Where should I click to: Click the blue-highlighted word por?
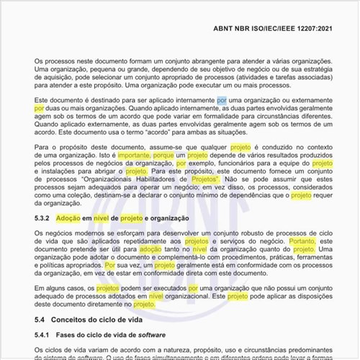tap(222, 99)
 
